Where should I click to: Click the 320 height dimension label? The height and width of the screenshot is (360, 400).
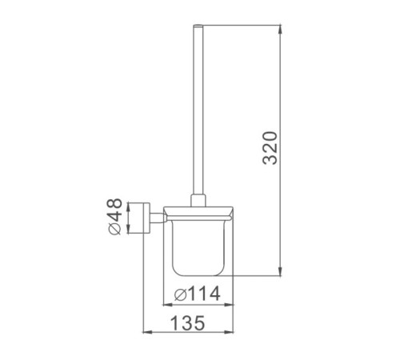(x=270, y=148)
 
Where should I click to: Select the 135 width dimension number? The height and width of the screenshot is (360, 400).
(x=188, y=323)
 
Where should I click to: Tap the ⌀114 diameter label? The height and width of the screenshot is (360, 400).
(x=198, y=294)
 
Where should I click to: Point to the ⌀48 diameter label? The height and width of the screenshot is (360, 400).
(x=115, y=217)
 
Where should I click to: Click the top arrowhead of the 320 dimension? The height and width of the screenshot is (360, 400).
(x=280, y=30)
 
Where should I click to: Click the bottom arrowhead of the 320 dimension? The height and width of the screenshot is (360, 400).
(x=280, y=271)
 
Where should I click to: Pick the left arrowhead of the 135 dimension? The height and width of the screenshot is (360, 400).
(x=147, y=332)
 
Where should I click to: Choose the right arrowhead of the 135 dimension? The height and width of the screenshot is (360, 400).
(x=229, y=332)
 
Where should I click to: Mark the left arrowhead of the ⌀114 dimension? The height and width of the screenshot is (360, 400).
(x=167, y=304)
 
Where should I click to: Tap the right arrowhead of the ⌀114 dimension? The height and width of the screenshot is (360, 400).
(x=229, y=304)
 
